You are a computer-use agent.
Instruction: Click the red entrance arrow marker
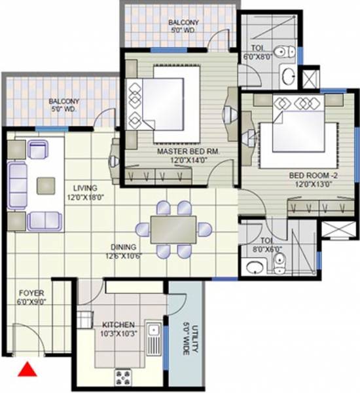point(27,370)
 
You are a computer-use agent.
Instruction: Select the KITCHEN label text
point(118,324)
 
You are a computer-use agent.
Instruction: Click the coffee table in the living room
point(46,185)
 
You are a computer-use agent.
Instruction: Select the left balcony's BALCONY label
point(63,102)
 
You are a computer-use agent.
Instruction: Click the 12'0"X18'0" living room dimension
point(86,196)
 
